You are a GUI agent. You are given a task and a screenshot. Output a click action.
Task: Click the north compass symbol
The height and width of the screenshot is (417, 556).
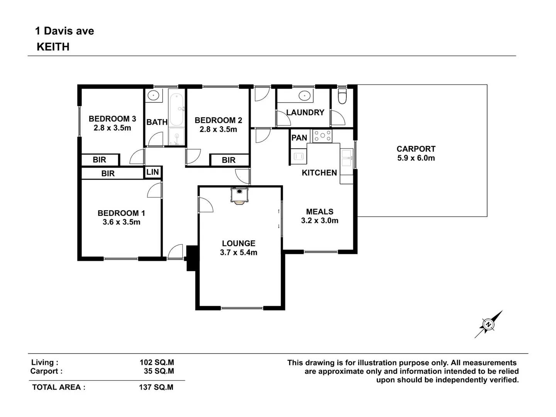click(x=488, y=324)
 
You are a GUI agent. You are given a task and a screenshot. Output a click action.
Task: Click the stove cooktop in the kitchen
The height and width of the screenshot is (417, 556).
click(x=322, y=136)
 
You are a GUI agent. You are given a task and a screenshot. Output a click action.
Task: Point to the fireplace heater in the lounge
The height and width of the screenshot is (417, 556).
click(x=239, y=195)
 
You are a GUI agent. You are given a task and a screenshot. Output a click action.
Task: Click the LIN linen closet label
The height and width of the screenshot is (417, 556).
click(x=153, y=172)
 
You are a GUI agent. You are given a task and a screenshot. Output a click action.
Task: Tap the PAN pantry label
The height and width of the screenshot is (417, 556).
click(x=299, y=138)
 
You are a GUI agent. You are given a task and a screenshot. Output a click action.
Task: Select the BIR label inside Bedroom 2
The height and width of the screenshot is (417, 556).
click(x=229, y=160)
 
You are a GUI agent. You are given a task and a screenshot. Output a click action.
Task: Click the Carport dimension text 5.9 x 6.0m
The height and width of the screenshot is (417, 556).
click(x=416, y=158)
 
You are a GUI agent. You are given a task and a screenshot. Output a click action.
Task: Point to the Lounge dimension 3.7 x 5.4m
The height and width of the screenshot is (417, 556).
click(x=239, y=253)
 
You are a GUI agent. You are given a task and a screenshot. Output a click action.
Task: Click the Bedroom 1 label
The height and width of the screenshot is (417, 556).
click(x=121, y=213)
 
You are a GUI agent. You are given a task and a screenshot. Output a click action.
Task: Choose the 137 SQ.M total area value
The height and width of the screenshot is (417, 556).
click(x=156, y=387)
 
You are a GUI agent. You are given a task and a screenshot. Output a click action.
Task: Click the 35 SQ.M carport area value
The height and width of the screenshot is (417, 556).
click(x=159, y=371)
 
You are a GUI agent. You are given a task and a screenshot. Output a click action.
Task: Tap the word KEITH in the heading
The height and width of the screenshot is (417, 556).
click(x=53, y=47)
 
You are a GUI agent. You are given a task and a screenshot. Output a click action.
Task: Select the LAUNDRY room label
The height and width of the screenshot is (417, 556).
click(x=305, y=113)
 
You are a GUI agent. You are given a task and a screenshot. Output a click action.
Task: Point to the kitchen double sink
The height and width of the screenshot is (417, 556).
click(x=346, y=158)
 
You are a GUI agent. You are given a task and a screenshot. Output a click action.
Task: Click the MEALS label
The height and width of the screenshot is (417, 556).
click(x=319, y=212)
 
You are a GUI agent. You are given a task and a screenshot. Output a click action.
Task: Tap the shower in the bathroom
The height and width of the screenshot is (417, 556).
click(x=177, y=137)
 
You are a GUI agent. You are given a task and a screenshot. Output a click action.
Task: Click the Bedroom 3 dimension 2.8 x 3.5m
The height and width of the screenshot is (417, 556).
click(x=112, y=128)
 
